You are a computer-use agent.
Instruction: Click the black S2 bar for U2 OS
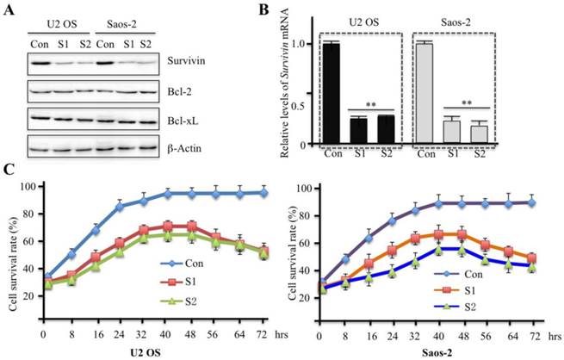pyautogui.click(x=386, y=129)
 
